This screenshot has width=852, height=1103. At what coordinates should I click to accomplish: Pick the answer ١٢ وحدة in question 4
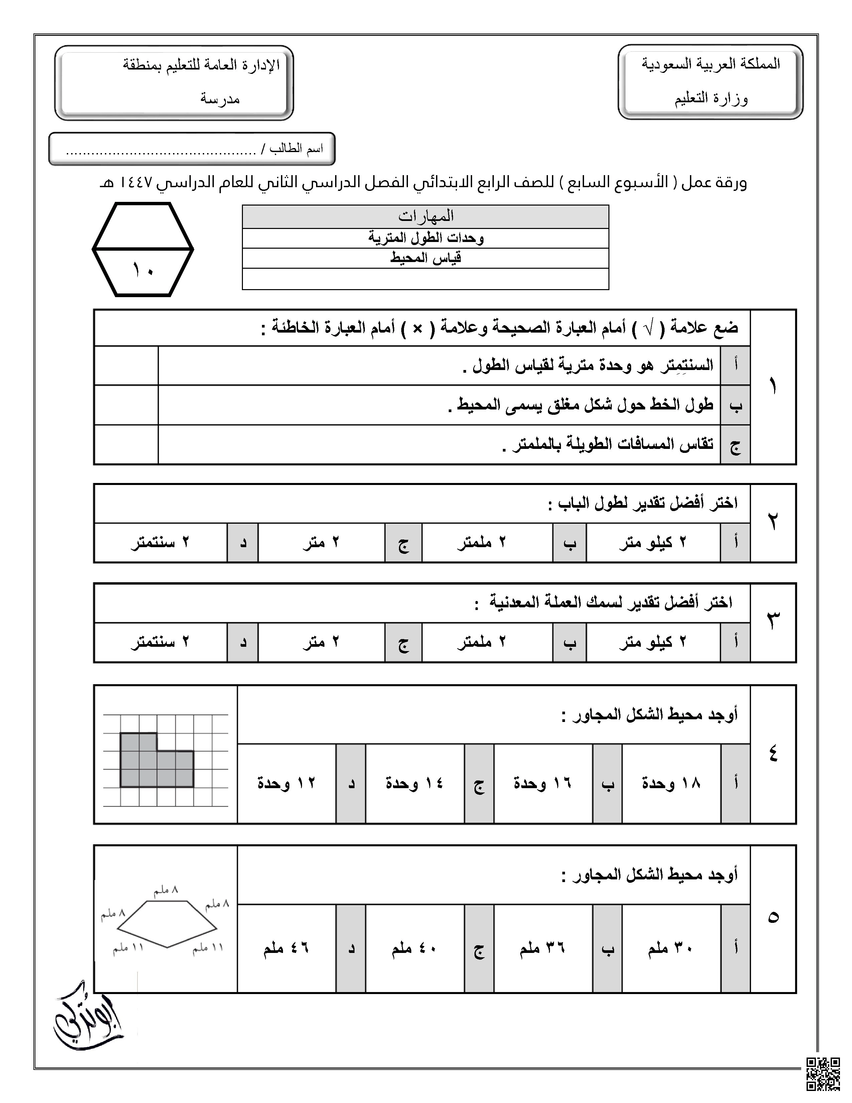[286, 784]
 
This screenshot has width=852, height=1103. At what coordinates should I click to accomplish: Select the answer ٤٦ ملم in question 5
[286, 948]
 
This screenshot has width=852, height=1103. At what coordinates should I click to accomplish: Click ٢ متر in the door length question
[321, 542]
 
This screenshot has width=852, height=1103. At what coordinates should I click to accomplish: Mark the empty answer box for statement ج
[126, 445]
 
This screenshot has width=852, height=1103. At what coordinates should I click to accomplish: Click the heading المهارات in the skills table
[425, 216]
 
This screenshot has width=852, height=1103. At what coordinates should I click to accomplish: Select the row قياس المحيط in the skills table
[425, 258]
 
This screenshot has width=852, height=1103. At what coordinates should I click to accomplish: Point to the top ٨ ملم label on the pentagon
[167, 890]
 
